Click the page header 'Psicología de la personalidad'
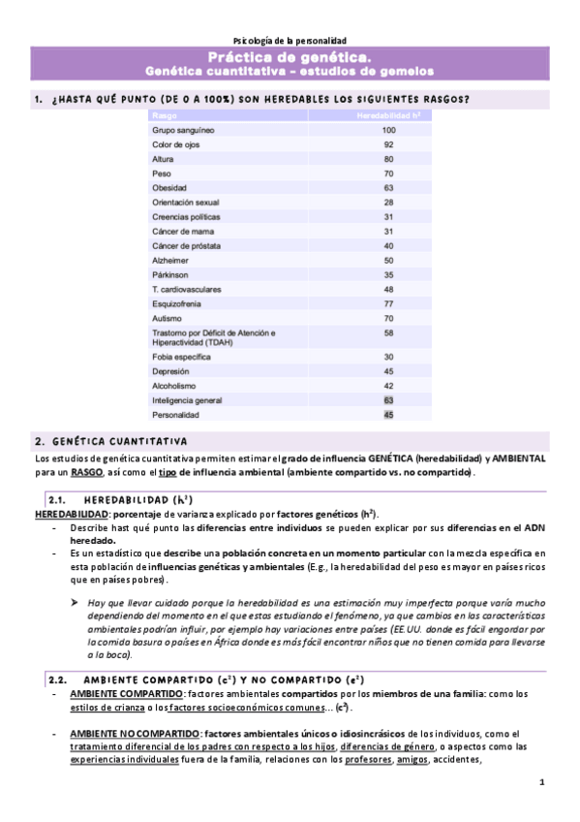pyautogui.click(x=290, y=40)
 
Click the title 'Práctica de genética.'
pyautogui.click(x=290, y=58)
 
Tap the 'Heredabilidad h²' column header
pyautogui.click(x=388, y=115)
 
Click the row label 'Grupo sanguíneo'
pyautogui.click(x=183, y=130)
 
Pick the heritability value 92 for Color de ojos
pyautogui.click(x=388, y=144)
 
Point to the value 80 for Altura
pyautogui.click(x=388, y=159)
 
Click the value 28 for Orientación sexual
pyautogui.click(x=388, y=203)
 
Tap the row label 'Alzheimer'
pyautogui.click(x=169, y=261)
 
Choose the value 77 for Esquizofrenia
pyautogui.click(x=388, y=303)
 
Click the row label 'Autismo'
pyautogui.click(x=167, y=318)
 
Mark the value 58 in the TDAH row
pyautogui.click(x=388, y=332)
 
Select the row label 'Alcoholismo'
pyautogui.click(x=173, y=385)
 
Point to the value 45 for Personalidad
pyautogui.click(x=388, y=414)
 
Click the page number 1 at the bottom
pyautogui.click(x=542, y=782)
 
